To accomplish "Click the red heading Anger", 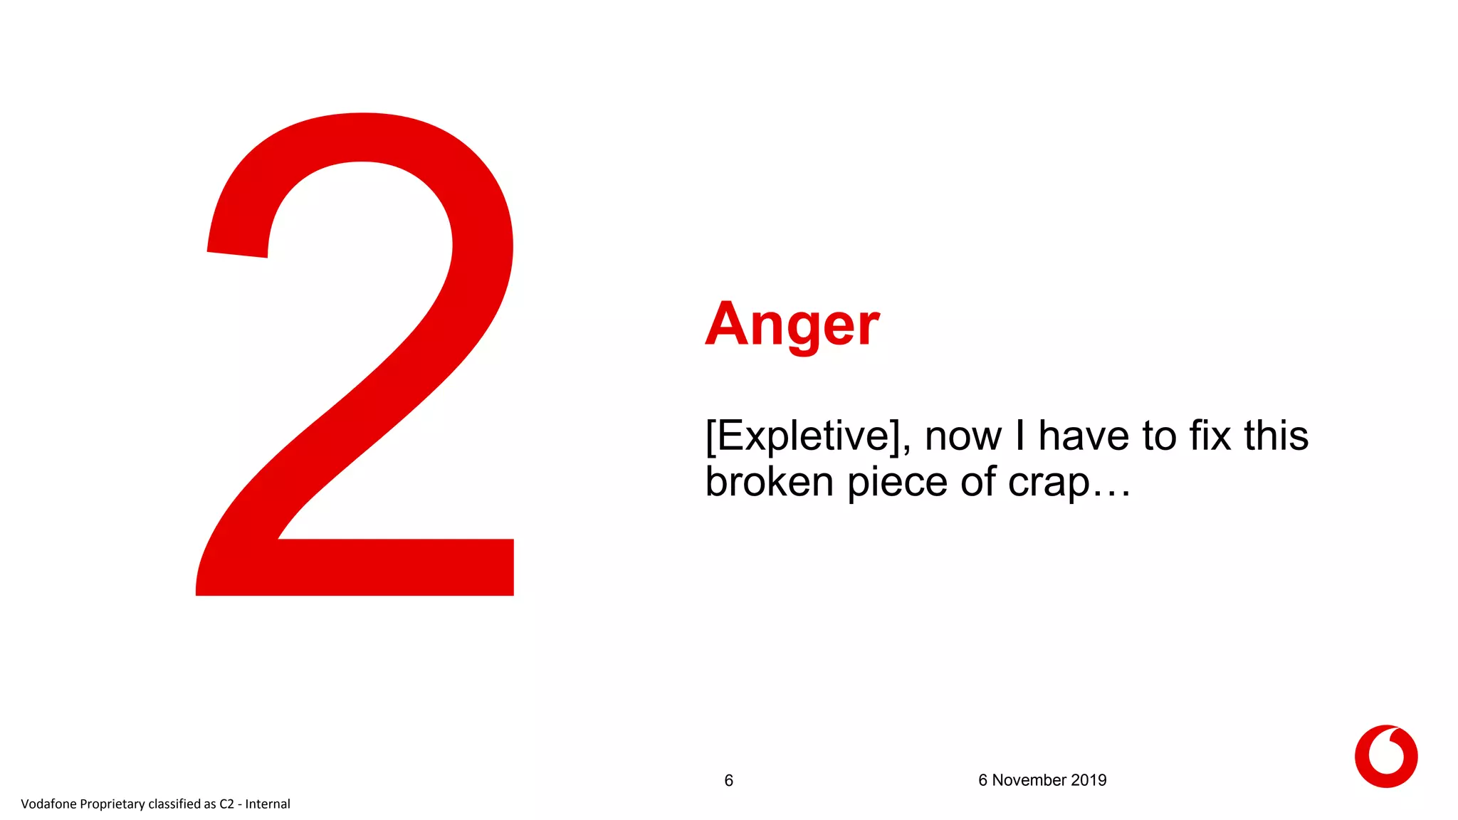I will pos(792,325).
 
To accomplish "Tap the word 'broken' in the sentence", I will pos(769,482).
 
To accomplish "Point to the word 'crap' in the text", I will pos(1049,483).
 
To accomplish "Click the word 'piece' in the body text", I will pos(896,483).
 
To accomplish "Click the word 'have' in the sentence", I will pos(1084,436).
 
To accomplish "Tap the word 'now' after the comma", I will pos(963,437).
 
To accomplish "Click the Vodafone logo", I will pos(1385,756).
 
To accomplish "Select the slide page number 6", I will pos(728,781).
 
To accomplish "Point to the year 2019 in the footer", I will pos(1089,780).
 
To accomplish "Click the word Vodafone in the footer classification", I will pos(48,804).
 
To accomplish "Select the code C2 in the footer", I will pos(226,804).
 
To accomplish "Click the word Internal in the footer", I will pos(268,804).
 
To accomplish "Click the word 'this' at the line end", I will pos(1276,436).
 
